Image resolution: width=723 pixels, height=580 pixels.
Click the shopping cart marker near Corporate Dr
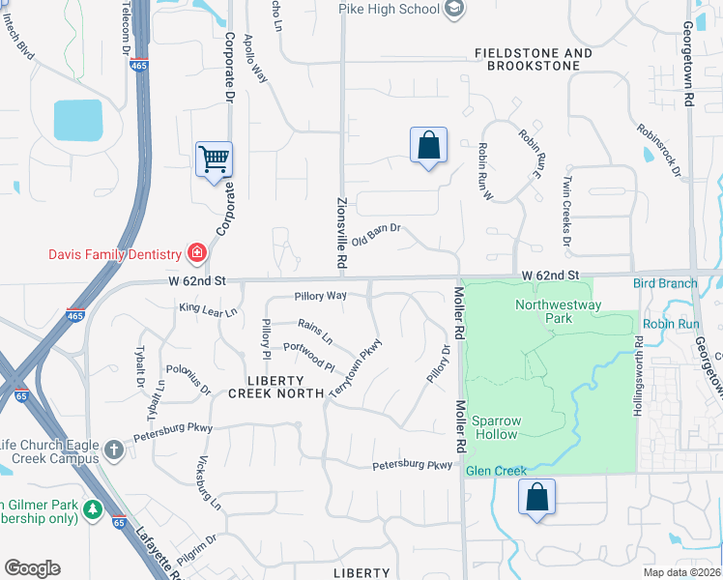click(x=214, y=159)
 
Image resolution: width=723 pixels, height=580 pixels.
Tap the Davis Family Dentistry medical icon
click(x=196, y=254)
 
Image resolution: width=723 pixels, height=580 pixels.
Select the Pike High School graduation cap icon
click(x=454, y=9)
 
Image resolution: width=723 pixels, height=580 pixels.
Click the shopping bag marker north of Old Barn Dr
click(x=428, y=146)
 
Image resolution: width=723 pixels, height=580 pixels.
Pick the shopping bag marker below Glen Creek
click(x=536, y=498)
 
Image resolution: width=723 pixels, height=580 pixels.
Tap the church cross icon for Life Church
click(x=114, y=449)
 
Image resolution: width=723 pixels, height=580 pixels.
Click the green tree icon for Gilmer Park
click(x=93, y=508)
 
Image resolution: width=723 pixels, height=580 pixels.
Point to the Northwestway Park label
click(x=558, y=311)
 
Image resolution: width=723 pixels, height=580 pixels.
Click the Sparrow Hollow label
click(x=495, y=427)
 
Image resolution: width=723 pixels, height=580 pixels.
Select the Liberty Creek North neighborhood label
click(x=266, y=387)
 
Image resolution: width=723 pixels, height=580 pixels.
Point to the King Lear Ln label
click(x=208, y=310)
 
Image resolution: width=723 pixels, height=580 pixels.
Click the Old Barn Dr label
click(x=376, y=234)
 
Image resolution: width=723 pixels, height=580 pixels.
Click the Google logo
click(x=33, y=568)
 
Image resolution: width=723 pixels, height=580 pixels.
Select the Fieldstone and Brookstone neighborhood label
click(x=534, y=59)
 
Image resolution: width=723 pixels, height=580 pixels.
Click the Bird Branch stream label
click(x=665, y=283)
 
